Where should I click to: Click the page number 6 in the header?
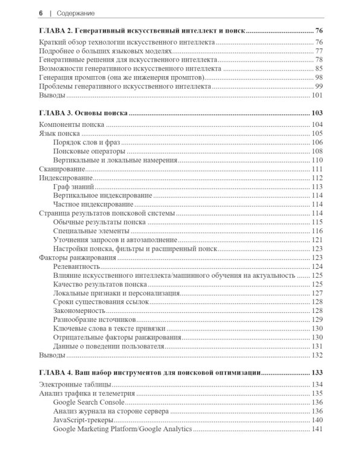(40, 12)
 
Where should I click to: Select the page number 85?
(319, 69)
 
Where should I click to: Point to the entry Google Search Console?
(89, 402)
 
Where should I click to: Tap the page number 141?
(317, 429)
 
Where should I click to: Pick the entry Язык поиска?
(59, 133)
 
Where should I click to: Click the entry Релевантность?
(77, 266)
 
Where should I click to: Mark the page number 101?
(317, 95)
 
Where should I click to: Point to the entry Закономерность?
(78, 310)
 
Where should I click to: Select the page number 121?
(317, 240)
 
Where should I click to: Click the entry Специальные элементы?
(91, 231)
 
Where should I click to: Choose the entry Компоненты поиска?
(71, 124)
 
